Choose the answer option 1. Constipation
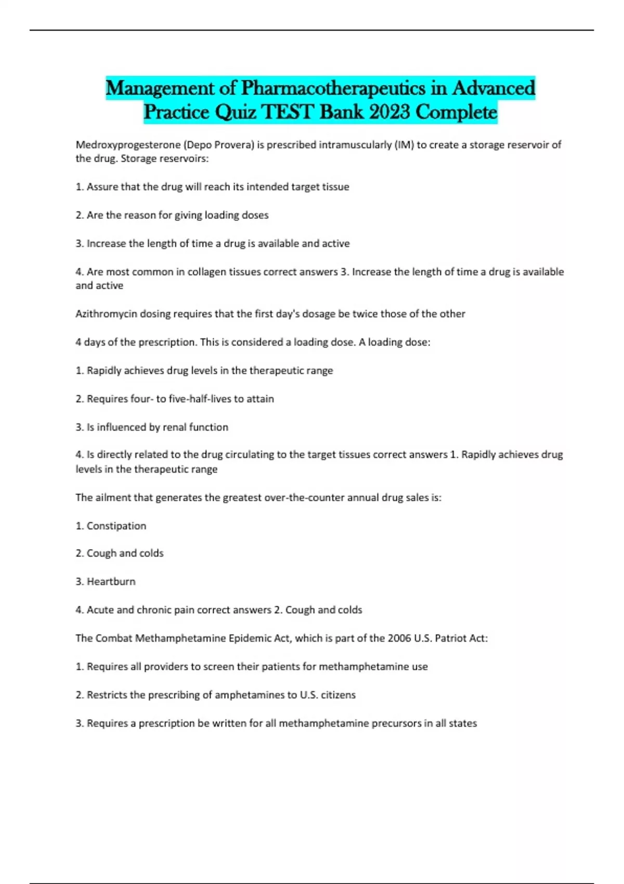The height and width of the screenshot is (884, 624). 111,526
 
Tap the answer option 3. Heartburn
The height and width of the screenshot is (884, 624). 106,582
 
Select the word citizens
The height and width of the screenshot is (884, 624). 337,695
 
